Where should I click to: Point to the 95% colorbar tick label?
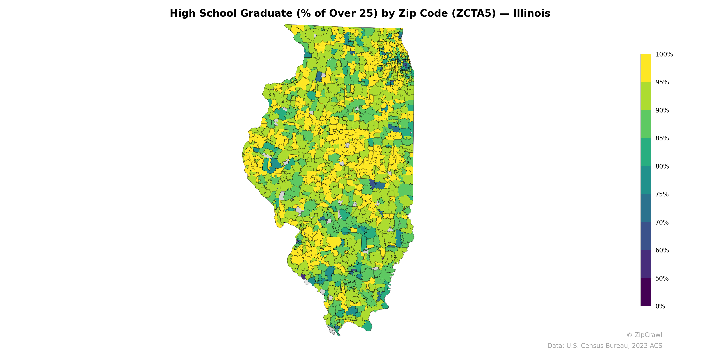tap(662, 82)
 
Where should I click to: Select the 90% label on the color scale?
tap(662, 110)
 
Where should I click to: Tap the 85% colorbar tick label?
tap(662, 138)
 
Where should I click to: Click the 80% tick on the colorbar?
tap(662, 166)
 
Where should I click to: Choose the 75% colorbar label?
tap(662, 194)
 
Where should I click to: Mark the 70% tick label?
tap(662, 223)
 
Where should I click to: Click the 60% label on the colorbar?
tap(662, 250)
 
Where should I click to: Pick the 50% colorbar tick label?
tap(662, 278)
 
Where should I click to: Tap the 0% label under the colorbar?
tap(660, 306)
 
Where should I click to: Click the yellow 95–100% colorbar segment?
tap(646, 68)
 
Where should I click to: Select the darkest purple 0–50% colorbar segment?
tap(646, 292)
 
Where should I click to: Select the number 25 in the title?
tap(371, 13)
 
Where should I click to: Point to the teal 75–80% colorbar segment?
tap(646, 180)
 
